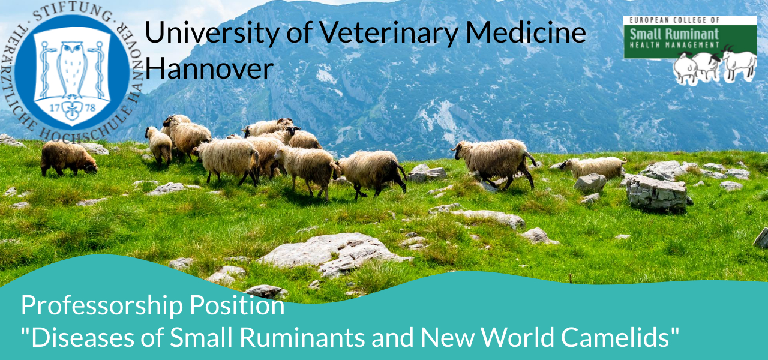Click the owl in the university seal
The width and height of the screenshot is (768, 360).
(x=71, y=69)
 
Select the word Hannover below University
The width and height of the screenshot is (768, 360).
(x=209, y=68)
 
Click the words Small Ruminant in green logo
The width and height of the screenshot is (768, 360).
(x=674, y=34)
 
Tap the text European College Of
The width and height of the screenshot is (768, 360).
(x=674, y=20)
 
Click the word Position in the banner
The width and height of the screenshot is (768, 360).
(x=237, y=304)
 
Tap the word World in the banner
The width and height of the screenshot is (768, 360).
(x=517, y=337)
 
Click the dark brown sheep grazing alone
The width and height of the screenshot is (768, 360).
(x=68, y=158)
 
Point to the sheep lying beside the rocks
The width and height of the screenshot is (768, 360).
(x=593, y=167)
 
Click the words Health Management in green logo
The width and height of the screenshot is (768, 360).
(x=674, y=45)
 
